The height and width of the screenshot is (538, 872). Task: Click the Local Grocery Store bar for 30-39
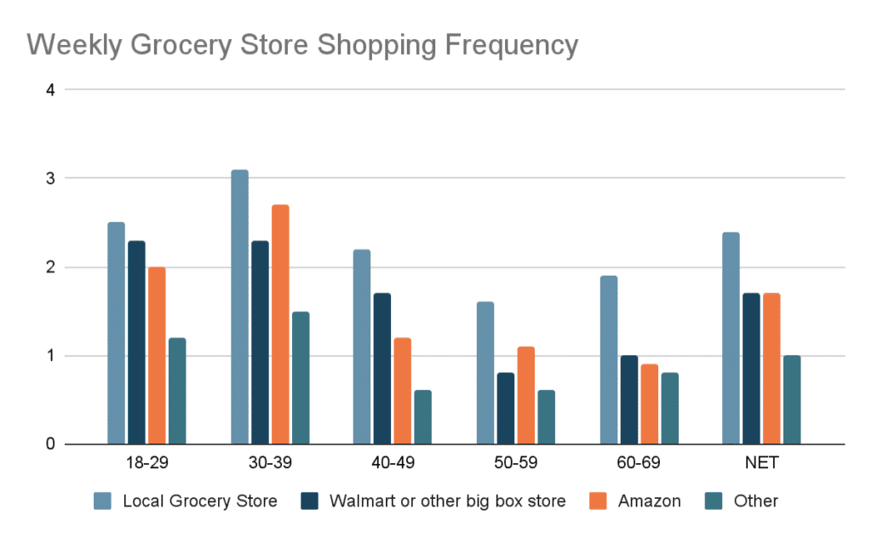239,306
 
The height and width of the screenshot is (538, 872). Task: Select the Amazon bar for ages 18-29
157,355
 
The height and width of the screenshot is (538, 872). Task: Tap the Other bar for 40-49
422,417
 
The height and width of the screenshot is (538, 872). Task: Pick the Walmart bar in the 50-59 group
505,408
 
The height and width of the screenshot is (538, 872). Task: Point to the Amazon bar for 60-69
649,403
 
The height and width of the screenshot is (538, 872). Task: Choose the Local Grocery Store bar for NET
731,338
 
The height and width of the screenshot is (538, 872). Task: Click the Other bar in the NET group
792,399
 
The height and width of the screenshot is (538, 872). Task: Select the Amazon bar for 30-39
280,324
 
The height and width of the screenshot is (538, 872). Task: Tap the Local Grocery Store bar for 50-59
485,373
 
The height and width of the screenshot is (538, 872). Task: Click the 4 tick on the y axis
49,89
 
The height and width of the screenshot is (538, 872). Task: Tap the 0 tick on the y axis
49,444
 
